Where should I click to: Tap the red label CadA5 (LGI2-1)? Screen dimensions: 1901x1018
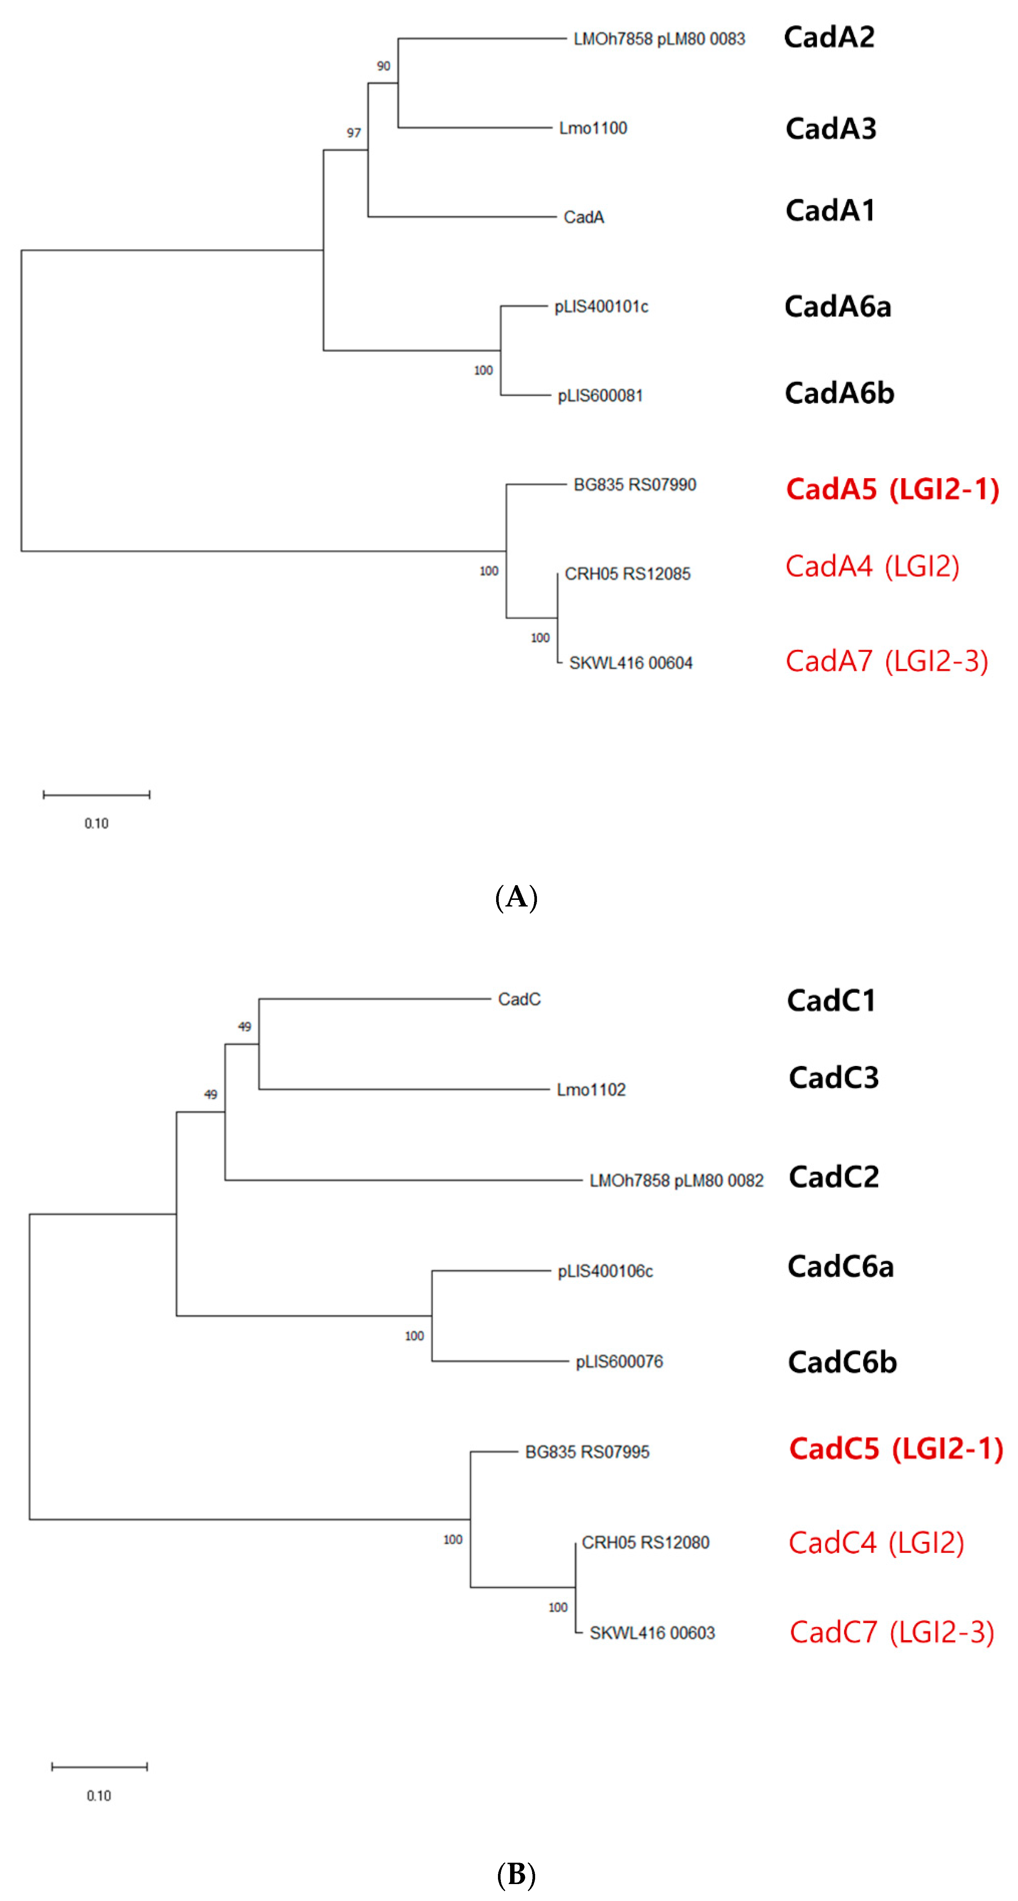click(892, 489)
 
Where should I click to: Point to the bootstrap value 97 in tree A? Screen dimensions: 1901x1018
click(354, 133)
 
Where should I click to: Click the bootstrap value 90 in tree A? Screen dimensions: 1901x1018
click(383, 66)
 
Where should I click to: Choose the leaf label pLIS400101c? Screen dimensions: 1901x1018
click(601, 306)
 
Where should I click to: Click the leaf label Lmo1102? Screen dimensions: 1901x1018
click(591, 1090)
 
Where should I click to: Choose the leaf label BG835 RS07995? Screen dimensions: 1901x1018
click(587, 1452)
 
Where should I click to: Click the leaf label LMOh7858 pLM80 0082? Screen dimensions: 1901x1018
click(676, 1181)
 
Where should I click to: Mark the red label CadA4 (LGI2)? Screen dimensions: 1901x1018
click(872, 567)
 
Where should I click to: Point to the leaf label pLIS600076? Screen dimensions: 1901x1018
click(619, 1362)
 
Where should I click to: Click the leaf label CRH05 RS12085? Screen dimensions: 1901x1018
click(627, 574)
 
